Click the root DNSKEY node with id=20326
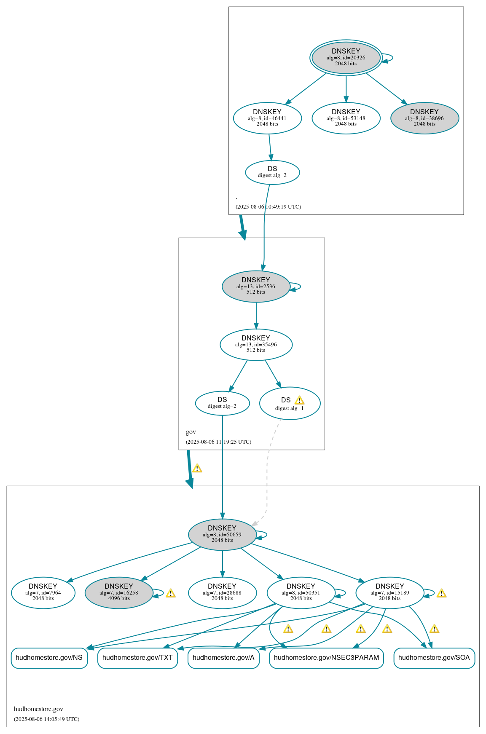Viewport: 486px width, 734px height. [346, 58]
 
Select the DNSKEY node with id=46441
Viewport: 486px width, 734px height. [267, 118]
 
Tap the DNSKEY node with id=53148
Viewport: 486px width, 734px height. [346, 118]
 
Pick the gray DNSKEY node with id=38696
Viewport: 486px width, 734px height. [424, 118]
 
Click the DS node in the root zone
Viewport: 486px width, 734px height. [272, 172]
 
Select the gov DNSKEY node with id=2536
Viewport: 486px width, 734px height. [256, 286]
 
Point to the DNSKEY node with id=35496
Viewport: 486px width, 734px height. [256, 344]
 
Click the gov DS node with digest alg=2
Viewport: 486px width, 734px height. [222, 403]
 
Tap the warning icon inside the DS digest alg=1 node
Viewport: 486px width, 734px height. [299, 400]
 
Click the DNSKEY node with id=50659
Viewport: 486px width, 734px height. [222, 534]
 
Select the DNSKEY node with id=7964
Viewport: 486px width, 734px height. [43, 592]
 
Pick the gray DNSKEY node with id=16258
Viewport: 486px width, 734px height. [119, 592]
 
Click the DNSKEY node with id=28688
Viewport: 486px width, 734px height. [222, 592]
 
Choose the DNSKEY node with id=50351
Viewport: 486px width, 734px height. [301, 592]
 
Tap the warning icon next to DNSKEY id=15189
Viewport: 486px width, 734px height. [441, 593]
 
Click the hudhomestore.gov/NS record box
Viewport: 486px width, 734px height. [49, 658]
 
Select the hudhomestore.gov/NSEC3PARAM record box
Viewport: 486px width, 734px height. [326, 658]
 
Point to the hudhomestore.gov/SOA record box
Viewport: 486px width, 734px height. [434, 658]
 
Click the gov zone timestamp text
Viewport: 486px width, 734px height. [218, 442]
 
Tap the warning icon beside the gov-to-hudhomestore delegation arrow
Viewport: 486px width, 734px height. [197, 468]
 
